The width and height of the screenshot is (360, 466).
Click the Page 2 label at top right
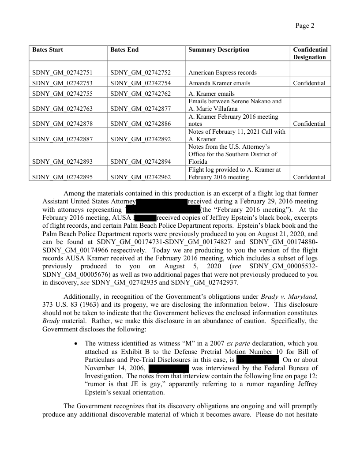(x=305, y=26)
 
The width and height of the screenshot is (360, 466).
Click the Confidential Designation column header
(x=310, y=53)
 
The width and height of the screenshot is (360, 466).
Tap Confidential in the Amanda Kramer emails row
(x=309, y=83)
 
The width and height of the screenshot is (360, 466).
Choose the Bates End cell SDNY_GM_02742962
(x=141, y=177)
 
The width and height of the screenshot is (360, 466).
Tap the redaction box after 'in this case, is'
(x=257, y=360)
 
